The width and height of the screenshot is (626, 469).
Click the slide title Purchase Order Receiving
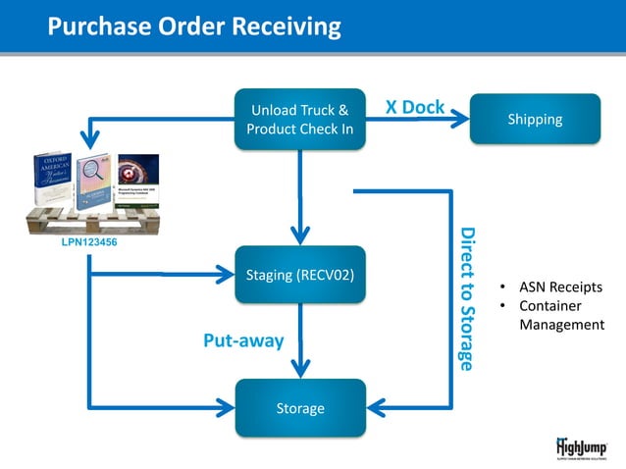(194, 26)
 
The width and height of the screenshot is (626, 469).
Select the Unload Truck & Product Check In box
(300, 120)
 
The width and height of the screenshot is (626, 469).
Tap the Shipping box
(535, 120)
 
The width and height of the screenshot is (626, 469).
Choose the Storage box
(300, 407)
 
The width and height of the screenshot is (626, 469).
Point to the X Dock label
(414, 106)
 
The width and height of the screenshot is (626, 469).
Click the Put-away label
(242, 340)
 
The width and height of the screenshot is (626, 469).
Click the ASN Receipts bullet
(560, 287)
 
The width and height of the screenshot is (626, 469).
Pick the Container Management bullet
(560, 315)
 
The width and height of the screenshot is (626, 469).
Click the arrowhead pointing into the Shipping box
(462, 120)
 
